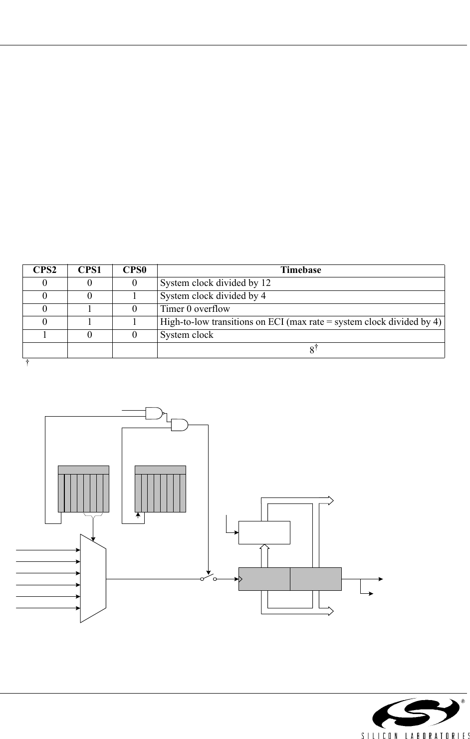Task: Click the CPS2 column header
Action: [45, 270]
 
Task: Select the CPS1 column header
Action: [90, 270]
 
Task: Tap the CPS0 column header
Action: [135, 270]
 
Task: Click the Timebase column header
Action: [300, 270]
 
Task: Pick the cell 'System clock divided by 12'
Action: [215, 283]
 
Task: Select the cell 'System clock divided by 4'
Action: [213, 296]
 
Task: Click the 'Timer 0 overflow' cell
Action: [195, 309]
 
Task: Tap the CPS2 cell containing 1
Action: [45, 335]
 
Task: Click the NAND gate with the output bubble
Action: [154, 413]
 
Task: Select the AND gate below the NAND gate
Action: [179, 425]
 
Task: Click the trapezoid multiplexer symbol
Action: [93, 579]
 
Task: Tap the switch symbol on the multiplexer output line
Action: [208, 579]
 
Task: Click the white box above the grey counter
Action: [264, 532]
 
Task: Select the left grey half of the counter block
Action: [264, 579]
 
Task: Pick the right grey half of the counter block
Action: [316, 579]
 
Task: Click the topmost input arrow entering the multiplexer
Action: [48, 550]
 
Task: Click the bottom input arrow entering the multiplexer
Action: [48, 608]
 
